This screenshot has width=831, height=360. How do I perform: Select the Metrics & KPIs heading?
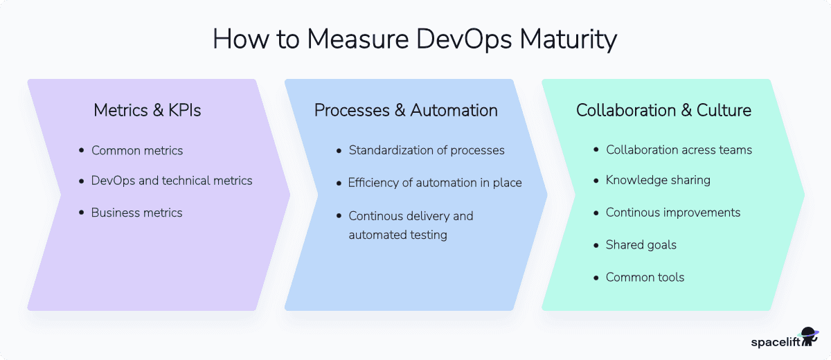[x=148, y=110]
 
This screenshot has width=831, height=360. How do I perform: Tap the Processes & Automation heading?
[x=406, y=110]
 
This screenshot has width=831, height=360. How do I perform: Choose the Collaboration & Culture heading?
[x=663, y=110]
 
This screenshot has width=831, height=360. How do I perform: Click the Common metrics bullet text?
[x=137, y=150]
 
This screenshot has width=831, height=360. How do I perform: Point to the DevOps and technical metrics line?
[x=172, y=181]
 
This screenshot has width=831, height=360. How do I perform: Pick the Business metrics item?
[x=136, y=213]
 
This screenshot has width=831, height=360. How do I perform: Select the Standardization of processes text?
[x=427, y=150]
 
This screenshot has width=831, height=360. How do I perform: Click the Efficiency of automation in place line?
[x=435, y=183]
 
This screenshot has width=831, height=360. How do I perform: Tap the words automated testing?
[x=397, y=235]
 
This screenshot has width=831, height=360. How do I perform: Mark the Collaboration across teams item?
[x=679, y=150]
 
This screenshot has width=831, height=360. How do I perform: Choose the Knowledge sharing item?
[x=658, y=180]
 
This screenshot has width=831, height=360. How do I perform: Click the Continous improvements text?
[x=673, y=213]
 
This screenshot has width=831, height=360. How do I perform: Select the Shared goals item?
[x=641, y=244]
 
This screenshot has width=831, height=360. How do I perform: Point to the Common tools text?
[x=645, y=277]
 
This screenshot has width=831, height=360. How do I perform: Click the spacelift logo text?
[x=775, y=341]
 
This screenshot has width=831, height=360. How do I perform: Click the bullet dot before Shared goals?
[x=597, y=245]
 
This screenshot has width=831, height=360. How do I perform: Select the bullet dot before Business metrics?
[x=82, y=213]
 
